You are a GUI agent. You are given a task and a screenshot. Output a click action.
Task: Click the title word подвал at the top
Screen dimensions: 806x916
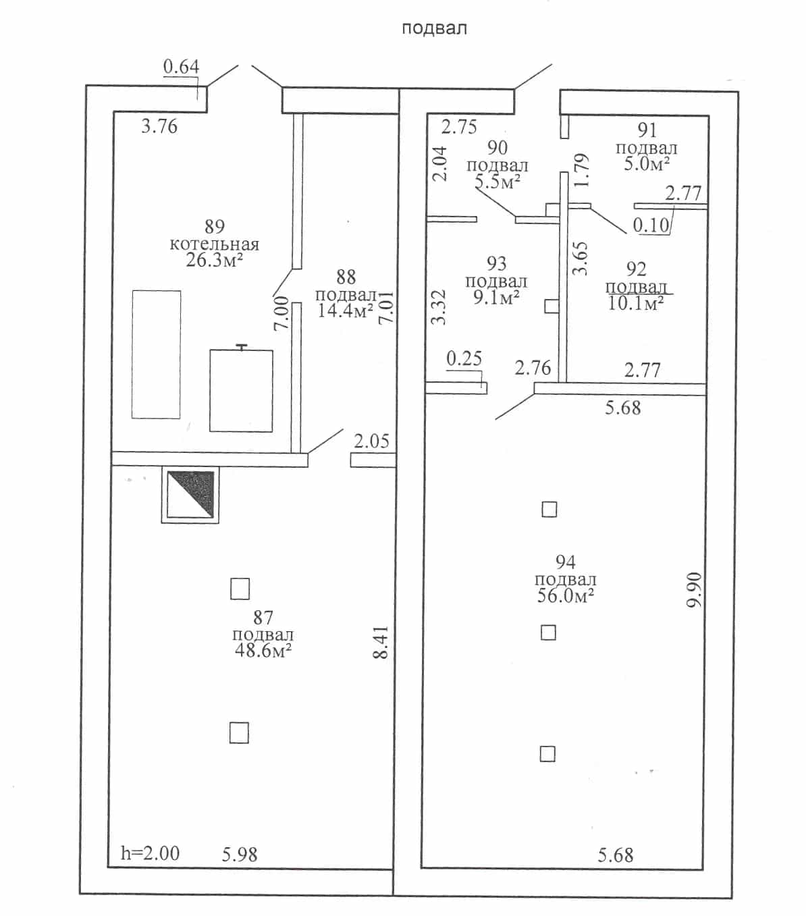[434, 28]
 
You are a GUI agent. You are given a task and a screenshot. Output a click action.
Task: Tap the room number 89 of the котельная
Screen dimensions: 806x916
[215, 226]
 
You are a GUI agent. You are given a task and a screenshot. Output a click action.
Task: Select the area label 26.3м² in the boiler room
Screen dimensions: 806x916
[215, 260]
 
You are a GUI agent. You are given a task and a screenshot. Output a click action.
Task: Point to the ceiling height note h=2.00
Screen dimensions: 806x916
[150, 854]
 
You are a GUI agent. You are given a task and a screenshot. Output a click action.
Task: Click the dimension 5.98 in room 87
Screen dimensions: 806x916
[240, 855]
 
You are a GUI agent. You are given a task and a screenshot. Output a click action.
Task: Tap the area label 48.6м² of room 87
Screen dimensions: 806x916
[263, 651]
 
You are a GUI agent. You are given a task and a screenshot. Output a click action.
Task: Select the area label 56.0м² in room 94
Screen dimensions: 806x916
[566, 596]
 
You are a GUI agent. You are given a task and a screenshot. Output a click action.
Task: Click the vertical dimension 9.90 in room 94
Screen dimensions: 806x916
[694, 590]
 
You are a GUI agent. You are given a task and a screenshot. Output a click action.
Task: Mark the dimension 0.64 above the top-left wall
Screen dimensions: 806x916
[181, 67]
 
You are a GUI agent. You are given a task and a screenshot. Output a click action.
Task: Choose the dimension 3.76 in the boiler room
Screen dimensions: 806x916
[159, 126]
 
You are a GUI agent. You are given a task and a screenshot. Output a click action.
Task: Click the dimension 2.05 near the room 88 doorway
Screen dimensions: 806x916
[371, 441]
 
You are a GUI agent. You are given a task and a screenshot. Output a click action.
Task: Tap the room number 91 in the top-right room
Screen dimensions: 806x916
[647, 130]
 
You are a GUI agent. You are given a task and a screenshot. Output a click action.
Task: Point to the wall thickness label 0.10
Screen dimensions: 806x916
[651, 225]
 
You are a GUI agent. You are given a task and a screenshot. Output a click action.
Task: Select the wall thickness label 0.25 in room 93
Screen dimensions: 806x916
[464, 358]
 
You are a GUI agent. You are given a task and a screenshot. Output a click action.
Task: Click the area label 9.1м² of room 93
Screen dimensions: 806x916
[496, 298]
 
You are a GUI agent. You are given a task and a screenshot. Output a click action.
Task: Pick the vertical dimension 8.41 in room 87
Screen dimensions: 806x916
[381, 642]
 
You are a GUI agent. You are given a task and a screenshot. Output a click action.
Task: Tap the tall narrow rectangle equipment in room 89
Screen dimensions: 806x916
[156, 354]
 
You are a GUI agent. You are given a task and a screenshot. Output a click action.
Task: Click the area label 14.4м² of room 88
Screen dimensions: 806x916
[346, 311]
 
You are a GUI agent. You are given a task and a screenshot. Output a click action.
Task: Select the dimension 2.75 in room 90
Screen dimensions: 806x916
[459, 127]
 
